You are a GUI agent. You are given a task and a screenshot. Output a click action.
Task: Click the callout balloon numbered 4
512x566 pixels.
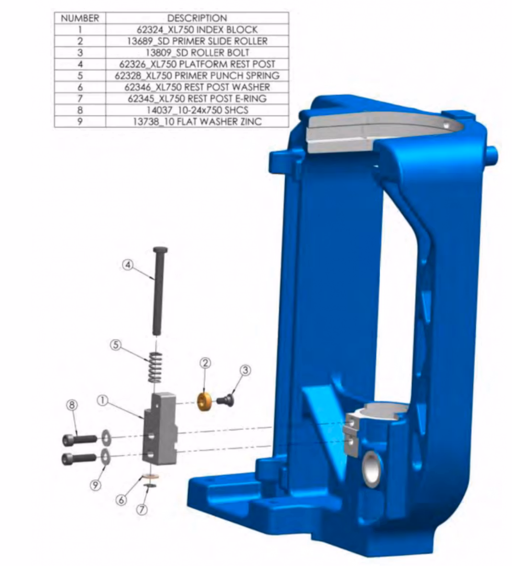tap(127, 265)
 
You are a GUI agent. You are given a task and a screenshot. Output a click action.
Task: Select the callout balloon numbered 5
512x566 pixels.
tap(116, 345)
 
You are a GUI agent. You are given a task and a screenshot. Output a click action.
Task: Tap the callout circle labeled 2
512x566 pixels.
tap(205, 363)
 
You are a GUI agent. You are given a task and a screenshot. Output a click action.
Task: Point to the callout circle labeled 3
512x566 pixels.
tap(245, 370)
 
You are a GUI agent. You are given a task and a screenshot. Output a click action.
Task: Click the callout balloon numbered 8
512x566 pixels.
tap(72, 405)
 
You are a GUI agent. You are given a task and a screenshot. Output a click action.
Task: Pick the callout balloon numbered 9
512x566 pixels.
tap(95, 485)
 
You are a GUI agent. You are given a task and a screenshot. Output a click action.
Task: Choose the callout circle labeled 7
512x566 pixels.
tap(142, 509)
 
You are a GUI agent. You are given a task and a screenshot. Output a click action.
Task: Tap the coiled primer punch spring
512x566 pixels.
tap(155, 367)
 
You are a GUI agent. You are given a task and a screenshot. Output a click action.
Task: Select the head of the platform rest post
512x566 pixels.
tap(160, 250)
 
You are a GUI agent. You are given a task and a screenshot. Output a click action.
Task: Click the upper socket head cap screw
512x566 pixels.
tap(79, 439)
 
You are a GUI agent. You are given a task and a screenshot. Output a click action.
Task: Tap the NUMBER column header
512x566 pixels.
tap(80, 18)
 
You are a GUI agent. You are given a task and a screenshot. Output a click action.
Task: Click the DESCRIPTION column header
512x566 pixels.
tap(197, 18)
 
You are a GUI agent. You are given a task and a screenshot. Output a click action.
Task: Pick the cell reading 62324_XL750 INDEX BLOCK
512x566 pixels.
tap(197, 29)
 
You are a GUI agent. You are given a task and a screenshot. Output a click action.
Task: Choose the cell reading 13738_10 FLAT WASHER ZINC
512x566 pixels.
tap(197, 121)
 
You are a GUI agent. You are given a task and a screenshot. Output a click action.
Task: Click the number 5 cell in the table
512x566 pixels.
tap(80, 75)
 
